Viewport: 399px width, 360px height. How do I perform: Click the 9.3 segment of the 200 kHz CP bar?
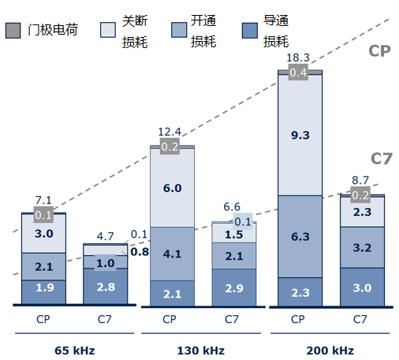click(x=299, y=135)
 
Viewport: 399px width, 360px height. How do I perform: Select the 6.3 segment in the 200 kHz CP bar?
click(x=299, y=235)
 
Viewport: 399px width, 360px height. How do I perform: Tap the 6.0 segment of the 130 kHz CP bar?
click(x=171, y=188)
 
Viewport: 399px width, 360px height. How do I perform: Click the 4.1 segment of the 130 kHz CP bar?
click(x=171, y=254)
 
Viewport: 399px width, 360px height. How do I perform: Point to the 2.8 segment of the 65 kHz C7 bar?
click(x=106, y=288)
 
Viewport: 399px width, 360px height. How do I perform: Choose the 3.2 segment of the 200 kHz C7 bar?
click(x=361, y=248)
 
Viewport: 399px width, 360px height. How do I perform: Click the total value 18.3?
click(x=298, y=58)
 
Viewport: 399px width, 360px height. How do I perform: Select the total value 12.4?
click(x=170, y=131)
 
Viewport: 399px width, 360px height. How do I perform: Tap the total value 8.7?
click(x=361, y=180)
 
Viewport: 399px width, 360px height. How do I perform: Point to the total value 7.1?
click(x=43, y=200)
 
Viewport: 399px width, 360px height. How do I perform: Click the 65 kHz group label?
click(x=75, y=349)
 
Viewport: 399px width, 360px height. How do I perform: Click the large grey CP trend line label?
click(x=380, y=52)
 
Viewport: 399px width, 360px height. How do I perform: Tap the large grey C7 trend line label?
click(x=381, y=158)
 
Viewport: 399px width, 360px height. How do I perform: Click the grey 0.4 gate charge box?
click(x=299, y=72)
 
